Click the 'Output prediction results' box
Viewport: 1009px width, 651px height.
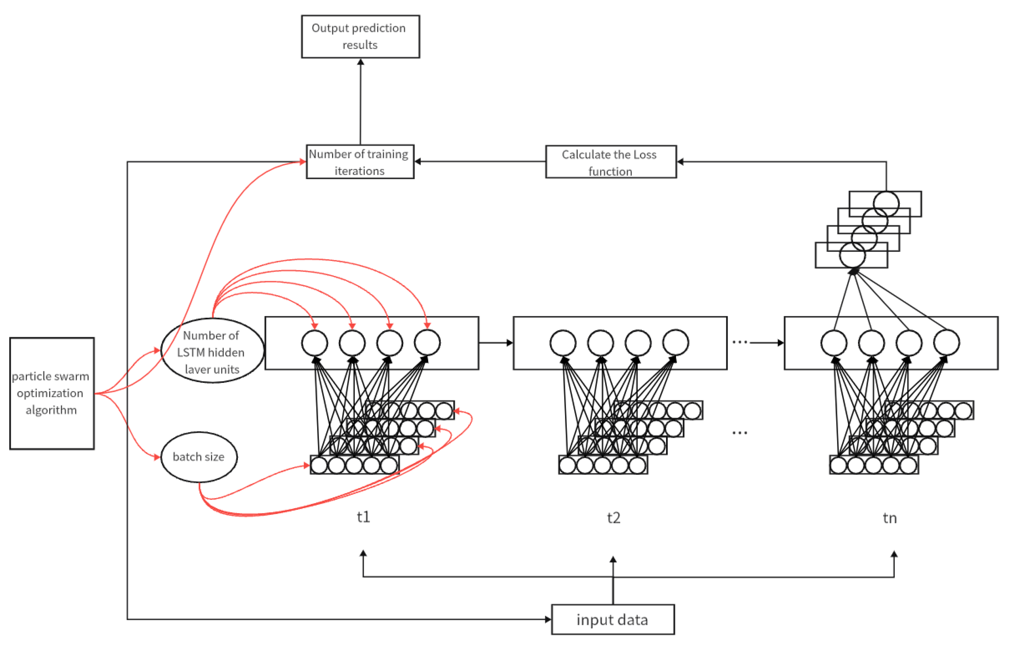(360, 37)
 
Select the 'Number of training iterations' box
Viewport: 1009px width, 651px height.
(360, 162)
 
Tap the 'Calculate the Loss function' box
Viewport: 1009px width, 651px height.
(610, 162)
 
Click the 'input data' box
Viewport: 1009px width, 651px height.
(612, 620)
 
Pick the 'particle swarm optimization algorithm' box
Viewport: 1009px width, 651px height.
(52, 393)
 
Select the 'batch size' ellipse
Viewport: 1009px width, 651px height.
(199, 457)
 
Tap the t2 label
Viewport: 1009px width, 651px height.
(614, 518)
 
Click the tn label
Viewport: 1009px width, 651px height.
(890, 518)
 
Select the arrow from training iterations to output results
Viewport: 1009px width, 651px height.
(360, 101)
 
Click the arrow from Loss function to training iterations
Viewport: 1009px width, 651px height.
(480, 162)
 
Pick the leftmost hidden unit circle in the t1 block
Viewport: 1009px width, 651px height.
(314, 342)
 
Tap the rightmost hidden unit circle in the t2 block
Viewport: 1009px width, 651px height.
(675, 342)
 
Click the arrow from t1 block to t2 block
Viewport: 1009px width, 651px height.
(495, 343)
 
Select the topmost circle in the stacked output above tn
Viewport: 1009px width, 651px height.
(886, 204)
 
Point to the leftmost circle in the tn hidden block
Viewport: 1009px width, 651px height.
(834, 342)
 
